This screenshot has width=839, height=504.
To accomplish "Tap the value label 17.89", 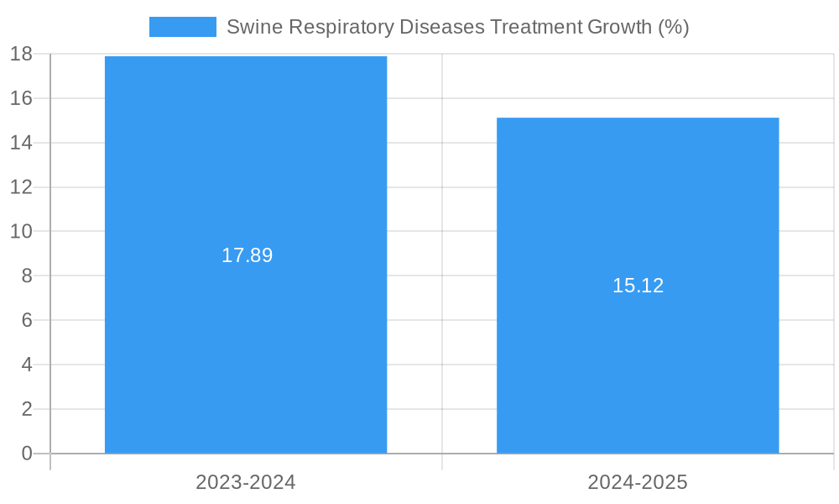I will pos(247,255).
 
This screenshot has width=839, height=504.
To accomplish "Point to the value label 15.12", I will pos(638,286).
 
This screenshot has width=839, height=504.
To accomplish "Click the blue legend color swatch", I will pos(182,27).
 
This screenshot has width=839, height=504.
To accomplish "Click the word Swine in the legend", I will pos(254,27).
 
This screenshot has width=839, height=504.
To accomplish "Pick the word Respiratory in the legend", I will pos(341,27).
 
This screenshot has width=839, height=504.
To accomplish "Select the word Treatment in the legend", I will pos(535,27).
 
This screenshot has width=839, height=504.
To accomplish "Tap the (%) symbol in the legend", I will pos(673,27).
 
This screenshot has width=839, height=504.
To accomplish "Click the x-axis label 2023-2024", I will pos(246,482).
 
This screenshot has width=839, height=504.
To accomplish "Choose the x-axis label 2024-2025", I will pos(638,482).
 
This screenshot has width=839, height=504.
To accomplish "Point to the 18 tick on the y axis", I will pos(21,55).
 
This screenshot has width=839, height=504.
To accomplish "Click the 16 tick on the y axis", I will pos(21,98).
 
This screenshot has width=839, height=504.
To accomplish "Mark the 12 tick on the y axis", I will pos(21,187).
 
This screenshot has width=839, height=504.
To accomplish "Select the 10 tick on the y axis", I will pos(21,231).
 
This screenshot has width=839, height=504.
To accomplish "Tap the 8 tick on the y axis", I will pos(26,276).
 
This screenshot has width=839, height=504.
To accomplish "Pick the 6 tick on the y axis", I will pos(26,320).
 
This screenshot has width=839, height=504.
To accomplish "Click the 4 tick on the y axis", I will pos(26,365).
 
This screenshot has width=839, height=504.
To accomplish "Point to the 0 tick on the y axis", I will pos(26,454).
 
